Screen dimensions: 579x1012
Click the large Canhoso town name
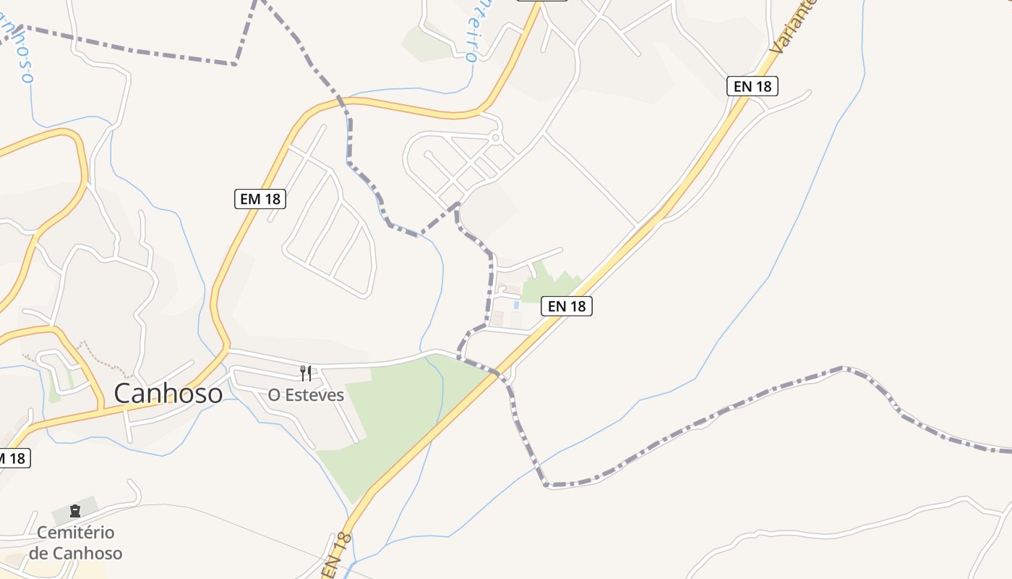(x=168, y=394)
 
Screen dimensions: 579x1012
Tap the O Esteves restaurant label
(x=306, y=395)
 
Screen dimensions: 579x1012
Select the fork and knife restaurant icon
(x=306, y=373)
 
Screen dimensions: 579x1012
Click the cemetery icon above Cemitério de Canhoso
(x=75, y=511)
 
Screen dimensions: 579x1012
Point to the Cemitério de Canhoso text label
(x=76, y=543)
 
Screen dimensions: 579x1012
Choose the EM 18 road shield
(x=260, y=198)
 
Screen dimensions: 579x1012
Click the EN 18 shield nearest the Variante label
(x=752, y=86)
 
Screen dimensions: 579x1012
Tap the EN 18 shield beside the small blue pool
(x=567, y=306)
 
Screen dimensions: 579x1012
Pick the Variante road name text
(x=792, y=28)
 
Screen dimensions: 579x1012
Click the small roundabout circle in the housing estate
(x=495, y=137)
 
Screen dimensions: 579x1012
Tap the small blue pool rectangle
(x=516, y=305)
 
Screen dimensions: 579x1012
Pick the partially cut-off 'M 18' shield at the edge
(x=12, y=458)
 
